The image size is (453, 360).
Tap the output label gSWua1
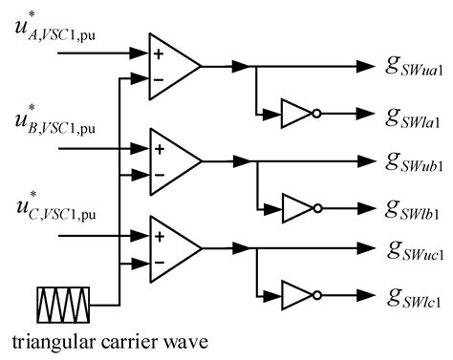[x=419, y=68]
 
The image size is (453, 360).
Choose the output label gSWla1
[x=419, y=117]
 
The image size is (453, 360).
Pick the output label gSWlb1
[x=419, y=207]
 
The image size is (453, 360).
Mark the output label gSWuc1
[x=419, y=251]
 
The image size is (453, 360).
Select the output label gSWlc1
[x=419, y=298]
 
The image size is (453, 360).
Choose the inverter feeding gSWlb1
[x=294, y=205]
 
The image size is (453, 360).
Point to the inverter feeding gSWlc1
[x=294, y=295]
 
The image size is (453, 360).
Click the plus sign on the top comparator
[x=159, y=54]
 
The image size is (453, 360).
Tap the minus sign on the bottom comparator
[x=159, y=261]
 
